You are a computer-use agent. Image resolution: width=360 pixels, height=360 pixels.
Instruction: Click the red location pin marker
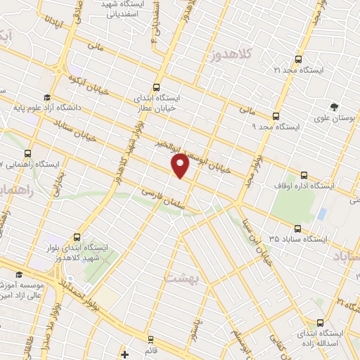pos(181,166)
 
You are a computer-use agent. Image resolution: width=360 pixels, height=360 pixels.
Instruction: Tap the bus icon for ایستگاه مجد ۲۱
pos(299,60)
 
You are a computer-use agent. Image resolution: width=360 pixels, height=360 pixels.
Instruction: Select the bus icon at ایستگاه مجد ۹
pos(276,116)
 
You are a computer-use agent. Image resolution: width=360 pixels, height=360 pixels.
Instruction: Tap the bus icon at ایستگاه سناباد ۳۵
pos(297,229)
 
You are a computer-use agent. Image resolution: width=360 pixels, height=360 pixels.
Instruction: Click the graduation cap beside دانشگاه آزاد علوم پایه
pos(46,98)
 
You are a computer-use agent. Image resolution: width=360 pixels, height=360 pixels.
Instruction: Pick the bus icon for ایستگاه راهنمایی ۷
pos(27,153)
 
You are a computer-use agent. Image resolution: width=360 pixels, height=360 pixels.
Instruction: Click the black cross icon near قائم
pos(124,354)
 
